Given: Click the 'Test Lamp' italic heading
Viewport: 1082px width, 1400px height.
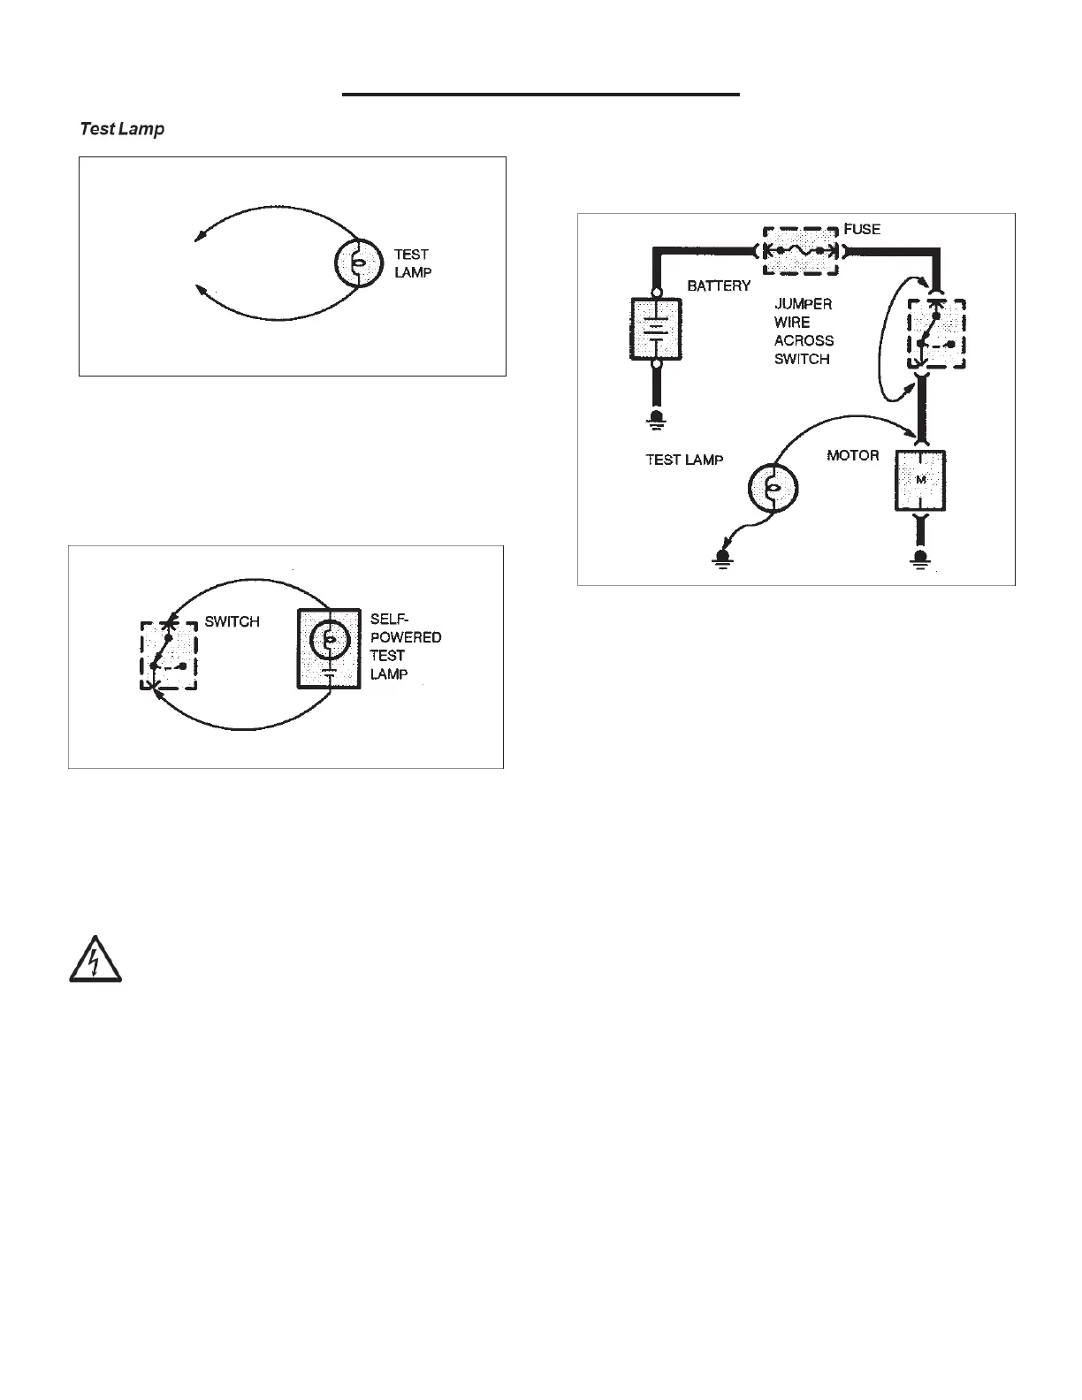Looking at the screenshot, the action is (x=122, y=129).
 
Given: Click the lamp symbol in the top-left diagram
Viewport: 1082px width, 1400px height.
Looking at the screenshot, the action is (x=357, y=262).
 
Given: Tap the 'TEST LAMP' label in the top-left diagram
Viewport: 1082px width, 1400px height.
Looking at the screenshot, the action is (x=413, y=263).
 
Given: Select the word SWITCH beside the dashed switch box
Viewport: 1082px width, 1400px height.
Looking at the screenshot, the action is (x=232, y=621).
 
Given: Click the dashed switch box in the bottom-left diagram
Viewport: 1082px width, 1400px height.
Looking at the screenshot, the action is (x=169, y=656).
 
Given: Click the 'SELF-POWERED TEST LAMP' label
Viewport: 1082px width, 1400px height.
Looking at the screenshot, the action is (x=405, y=647).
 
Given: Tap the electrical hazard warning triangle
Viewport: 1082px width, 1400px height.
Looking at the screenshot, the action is (x=95, y=958).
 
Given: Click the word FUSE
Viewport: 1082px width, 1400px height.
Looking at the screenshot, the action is (x=862, y=229).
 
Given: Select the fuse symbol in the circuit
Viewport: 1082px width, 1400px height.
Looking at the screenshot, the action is (x=801, y=250).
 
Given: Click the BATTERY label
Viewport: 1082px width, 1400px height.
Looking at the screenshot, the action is (x=719, y=285).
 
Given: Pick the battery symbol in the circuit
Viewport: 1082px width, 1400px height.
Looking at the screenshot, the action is (x=655, y=329).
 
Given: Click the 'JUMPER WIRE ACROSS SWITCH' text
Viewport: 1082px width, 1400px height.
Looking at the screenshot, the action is (x=803, y=331).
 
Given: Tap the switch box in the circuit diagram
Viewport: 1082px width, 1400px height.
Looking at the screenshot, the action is (x=937, y=333).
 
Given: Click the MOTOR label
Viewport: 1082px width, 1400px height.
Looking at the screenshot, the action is (x=852, y=455).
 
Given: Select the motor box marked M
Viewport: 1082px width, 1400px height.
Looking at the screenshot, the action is (x=920, y=480).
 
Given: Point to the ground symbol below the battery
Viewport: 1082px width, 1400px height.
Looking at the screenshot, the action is (x=656, y=418).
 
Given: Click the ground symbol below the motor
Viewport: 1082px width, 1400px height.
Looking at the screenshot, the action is (x=921, y=559).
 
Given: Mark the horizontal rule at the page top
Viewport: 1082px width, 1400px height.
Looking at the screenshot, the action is (x=540, y=94).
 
